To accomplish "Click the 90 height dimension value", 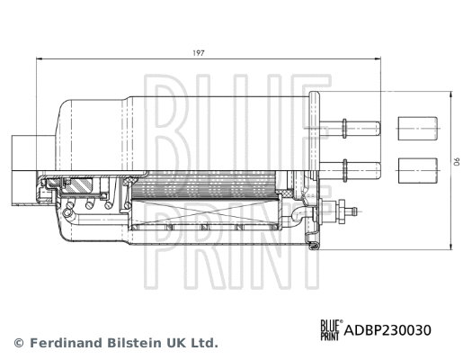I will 456,163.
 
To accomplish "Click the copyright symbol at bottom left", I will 18,343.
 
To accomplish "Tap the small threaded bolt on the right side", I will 345,212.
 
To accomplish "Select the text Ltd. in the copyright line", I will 206,343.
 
